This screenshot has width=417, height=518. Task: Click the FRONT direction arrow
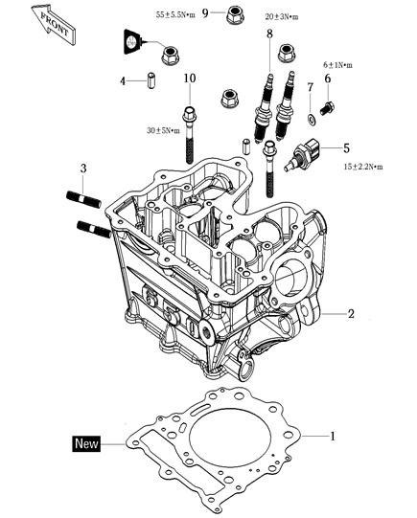[x=48, y=21]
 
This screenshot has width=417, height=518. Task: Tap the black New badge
[x=89, y=443]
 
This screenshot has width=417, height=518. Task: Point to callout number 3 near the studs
[x=82, y=169]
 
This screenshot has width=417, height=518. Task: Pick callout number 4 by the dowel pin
[x=123, y=80]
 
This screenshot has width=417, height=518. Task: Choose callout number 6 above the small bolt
[x=327, y=79]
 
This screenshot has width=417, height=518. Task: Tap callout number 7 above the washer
[x=310, y=88]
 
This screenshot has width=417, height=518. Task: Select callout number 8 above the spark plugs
[x=269, y=34]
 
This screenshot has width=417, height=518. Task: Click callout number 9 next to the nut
[x=204, y=14]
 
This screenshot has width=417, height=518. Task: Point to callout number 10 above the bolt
[x=189, y=78]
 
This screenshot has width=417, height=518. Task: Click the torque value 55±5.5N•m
[x=175, y=14]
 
